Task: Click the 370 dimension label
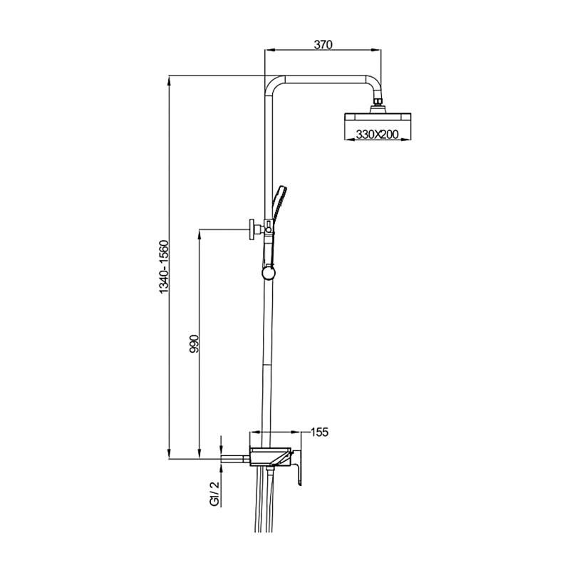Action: coord(323,45)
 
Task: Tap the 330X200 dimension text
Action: coord(377,135)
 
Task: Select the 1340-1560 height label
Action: coord(165,266)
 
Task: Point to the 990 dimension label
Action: coord(195,343)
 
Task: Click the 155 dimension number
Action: coord(319,432)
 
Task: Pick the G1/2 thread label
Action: coord(214,494)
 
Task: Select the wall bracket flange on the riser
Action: coord(252,229)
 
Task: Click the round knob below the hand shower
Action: coord(269,274)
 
